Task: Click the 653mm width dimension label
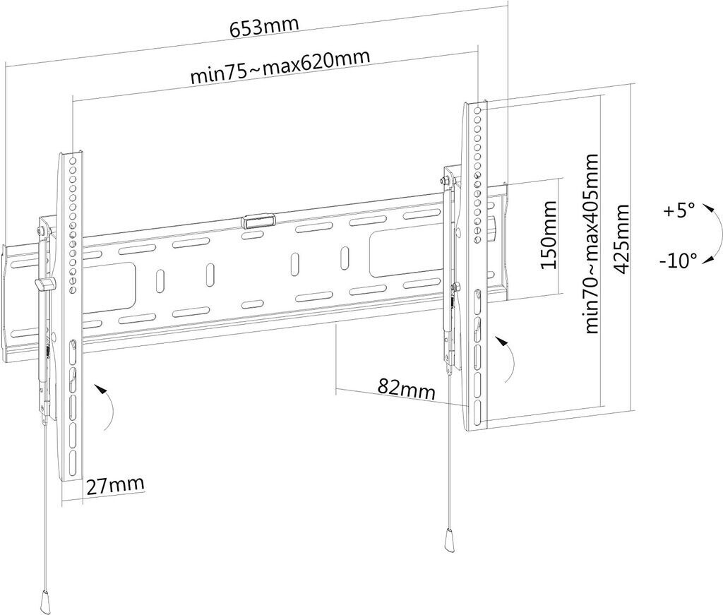coord(264,27)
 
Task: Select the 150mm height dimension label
coord(549,234)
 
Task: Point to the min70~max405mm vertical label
coord(592,244)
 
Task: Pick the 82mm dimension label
coord(407,388)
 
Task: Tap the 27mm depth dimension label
coord(115,484)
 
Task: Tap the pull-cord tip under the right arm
coord(448,540)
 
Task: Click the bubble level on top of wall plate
coord(257,220)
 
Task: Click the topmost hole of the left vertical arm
coord(73,162)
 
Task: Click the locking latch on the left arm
coord(44,285)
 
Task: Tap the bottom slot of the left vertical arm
coord(73,460)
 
